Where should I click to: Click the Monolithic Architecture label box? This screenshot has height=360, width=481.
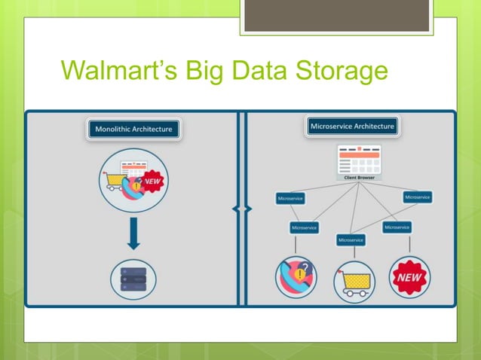coord(133,129)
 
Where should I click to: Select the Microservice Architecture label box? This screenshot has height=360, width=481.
coord(352,127)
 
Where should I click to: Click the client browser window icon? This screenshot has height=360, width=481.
coord(360,159)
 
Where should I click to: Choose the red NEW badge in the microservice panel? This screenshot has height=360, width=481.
coord(409,278)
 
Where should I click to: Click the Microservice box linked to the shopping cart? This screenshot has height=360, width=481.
coord(351,239)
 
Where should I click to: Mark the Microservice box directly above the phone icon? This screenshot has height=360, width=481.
coord(304,227)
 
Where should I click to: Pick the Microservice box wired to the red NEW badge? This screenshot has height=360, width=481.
coord(397,227)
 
